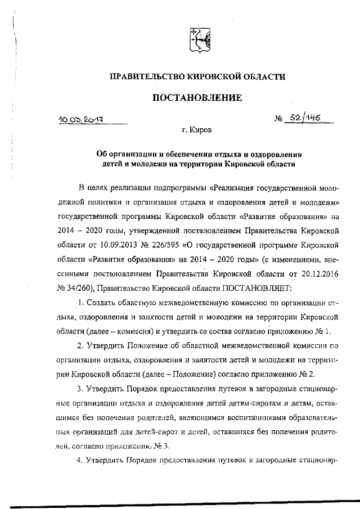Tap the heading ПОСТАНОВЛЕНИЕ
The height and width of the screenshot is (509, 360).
pyautogui.click(x=197, y=98)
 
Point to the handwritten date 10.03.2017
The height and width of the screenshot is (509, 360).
pyautogui.click(x=84, y=120)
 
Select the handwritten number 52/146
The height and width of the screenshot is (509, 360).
pyautogui.click(x=304, y=119)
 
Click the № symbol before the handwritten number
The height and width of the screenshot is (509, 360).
pyautogui.click(x=278, y=120)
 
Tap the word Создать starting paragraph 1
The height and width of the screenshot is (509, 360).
pyautogui.click(x=103, y=303)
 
